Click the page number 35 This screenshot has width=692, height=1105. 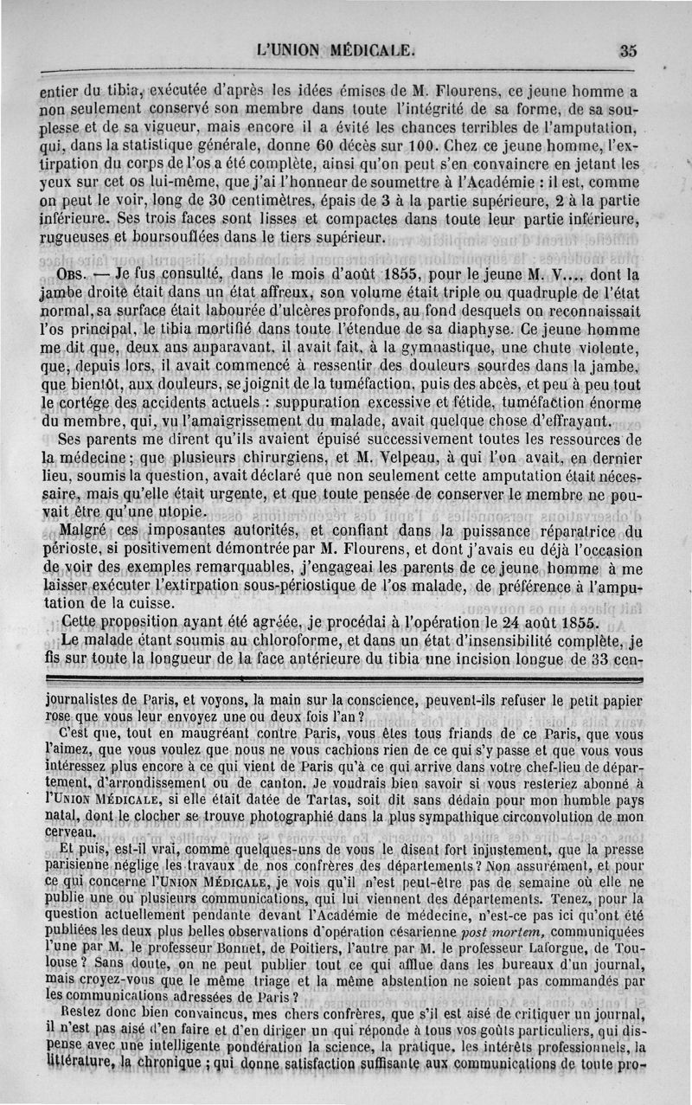[628, 51]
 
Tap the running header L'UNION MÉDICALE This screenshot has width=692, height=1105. [336, 50]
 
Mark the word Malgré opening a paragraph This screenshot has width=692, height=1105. [82, 531]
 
